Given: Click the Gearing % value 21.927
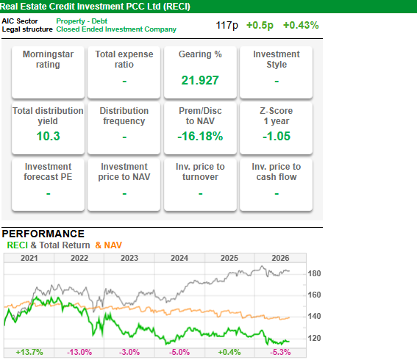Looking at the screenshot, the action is point(200,80).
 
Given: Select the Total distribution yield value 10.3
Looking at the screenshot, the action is point(48,136).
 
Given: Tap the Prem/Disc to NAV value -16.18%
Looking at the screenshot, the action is point(200,136).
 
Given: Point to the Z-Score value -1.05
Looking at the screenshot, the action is point(277,136).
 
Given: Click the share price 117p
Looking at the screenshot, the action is point(227,25).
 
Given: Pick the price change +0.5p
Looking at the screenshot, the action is point(260,25).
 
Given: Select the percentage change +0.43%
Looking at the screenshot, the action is point(301,25).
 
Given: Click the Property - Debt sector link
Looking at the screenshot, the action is point(82,21).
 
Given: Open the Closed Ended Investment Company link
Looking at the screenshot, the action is point(116,29).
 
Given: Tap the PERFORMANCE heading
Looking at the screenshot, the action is point(43,234).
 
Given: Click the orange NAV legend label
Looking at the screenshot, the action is point(109,245).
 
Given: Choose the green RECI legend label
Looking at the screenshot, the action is point(18,245).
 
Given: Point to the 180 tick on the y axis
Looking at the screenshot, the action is point(314,273).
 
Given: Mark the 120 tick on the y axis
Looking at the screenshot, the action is point(314,338).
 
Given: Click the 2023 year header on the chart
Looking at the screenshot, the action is point(129,258).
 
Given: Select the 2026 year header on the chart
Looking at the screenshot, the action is point(280,258).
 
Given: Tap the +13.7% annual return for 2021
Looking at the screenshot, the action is point(29,353).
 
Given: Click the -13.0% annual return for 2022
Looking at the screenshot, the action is point(79,353).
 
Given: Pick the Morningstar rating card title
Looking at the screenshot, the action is point(48,60).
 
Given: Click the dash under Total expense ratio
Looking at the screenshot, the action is point(124,82).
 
